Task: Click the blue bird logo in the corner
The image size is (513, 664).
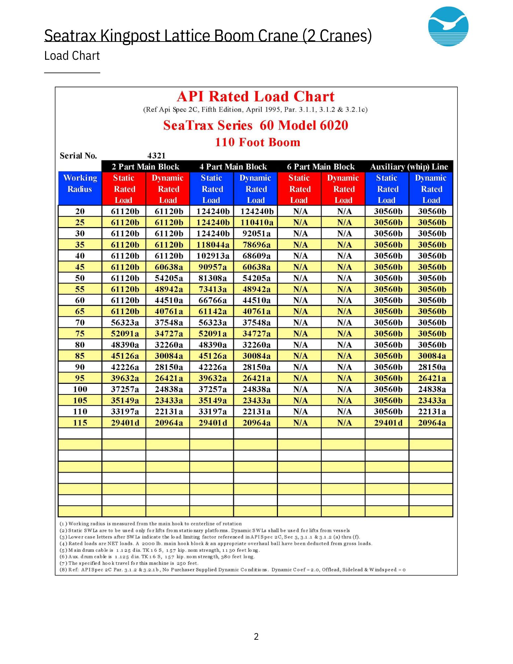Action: coord(448,26)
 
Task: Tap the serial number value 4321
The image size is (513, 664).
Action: coord(156,156)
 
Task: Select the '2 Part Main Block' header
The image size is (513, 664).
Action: coord(145,167)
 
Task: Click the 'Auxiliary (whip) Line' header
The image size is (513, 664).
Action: coord(409,167)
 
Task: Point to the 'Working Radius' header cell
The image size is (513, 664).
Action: coord(80,184)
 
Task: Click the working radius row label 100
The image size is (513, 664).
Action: coord(80,389)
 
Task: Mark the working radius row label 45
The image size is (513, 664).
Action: coord(80,267)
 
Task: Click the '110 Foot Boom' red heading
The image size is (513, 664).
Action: coord(257,142)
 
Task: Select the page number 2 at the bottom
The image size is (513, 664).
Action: coord(256,636)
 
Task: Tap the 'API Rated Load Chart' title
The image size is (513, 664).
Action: coord(256,97)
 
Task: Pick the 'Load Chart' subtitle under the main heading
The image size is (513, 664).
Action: coord(72,56)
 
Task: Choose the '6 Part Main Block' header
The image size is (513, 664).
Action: coord(321,167)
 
